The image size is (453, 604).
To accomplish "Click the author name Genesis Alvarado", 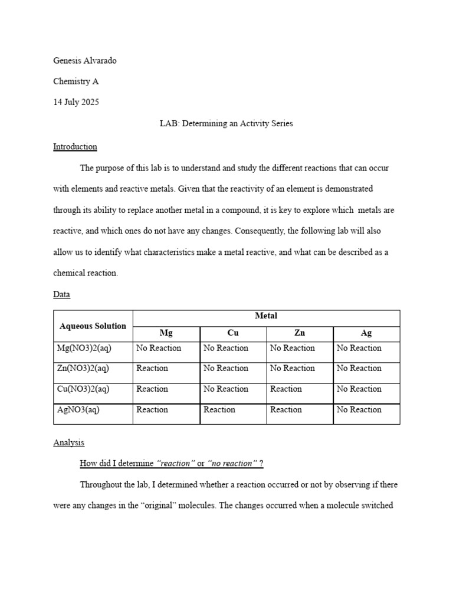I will click(x=88, y=60).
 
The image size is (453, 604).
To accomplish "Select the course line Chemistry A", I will click(x=76, y=81).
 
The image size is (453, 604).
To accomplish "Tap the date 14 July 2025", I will click(x=76, y=102).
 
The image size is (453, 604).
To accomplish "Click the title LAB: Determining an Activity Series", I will click(x=226, y=123).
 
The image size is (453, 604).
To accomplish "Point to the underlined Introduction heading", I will click(x=75, y=146).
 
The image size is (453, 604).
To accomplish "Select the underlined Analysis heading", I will click(x=68, y=442).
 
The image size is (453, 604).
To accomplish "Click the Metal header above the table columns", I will click(x=266, y=316).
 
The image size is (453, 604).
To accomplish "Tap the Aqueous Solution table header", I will click(x=93, y=326).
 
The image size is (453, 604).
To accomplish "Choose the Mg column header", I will click(x=166, y=333).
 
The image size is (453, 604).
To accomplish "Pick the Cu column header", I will click(x=233, y=333).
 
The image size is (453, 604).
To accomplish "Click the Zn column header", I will click(x=300, y=333).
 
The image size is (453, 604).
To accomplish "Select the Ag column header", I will click(x=366, y=333).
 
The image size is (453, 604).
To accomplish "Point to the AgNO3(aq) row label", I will click(x=77, y=409).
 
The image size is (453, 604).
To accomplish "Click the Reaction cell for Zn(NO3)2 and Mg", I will click(x=152, y=368).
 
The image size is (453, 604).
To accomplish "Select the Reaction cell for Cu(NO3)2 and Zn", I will click(x=286, y=389).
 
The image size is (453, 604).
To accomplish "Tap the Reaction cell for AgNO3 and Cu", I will click(x=219, y=409).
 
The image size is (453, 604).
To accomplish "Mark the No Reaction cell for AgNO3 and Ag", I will click(x=359, y=409).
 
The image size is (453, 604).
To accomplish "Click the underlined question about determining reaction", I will click(x=171, y=464).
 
